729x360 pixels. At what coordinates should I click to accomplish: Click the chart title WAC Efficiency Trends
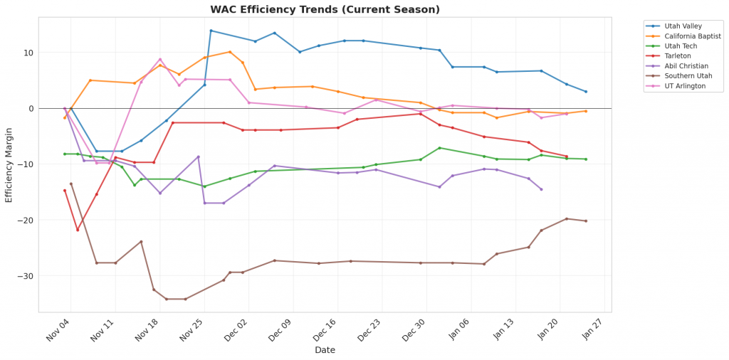325,10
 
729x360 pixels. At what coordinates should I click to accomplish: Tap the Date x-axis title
325,350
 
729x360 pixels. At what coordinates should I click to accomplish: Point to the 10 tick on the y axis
29,53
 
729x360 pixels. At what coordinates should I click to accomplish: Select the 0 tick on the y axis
31,108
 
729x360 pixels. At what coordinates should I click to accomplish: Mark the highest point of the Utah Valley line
211,31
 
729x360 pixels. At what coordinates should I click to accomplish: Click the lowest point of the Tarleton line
78,230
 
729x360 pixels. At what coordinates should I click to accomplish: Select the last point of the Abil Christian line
541,189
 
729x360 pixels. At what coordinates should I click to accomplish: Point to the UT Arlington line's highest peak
160,59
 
